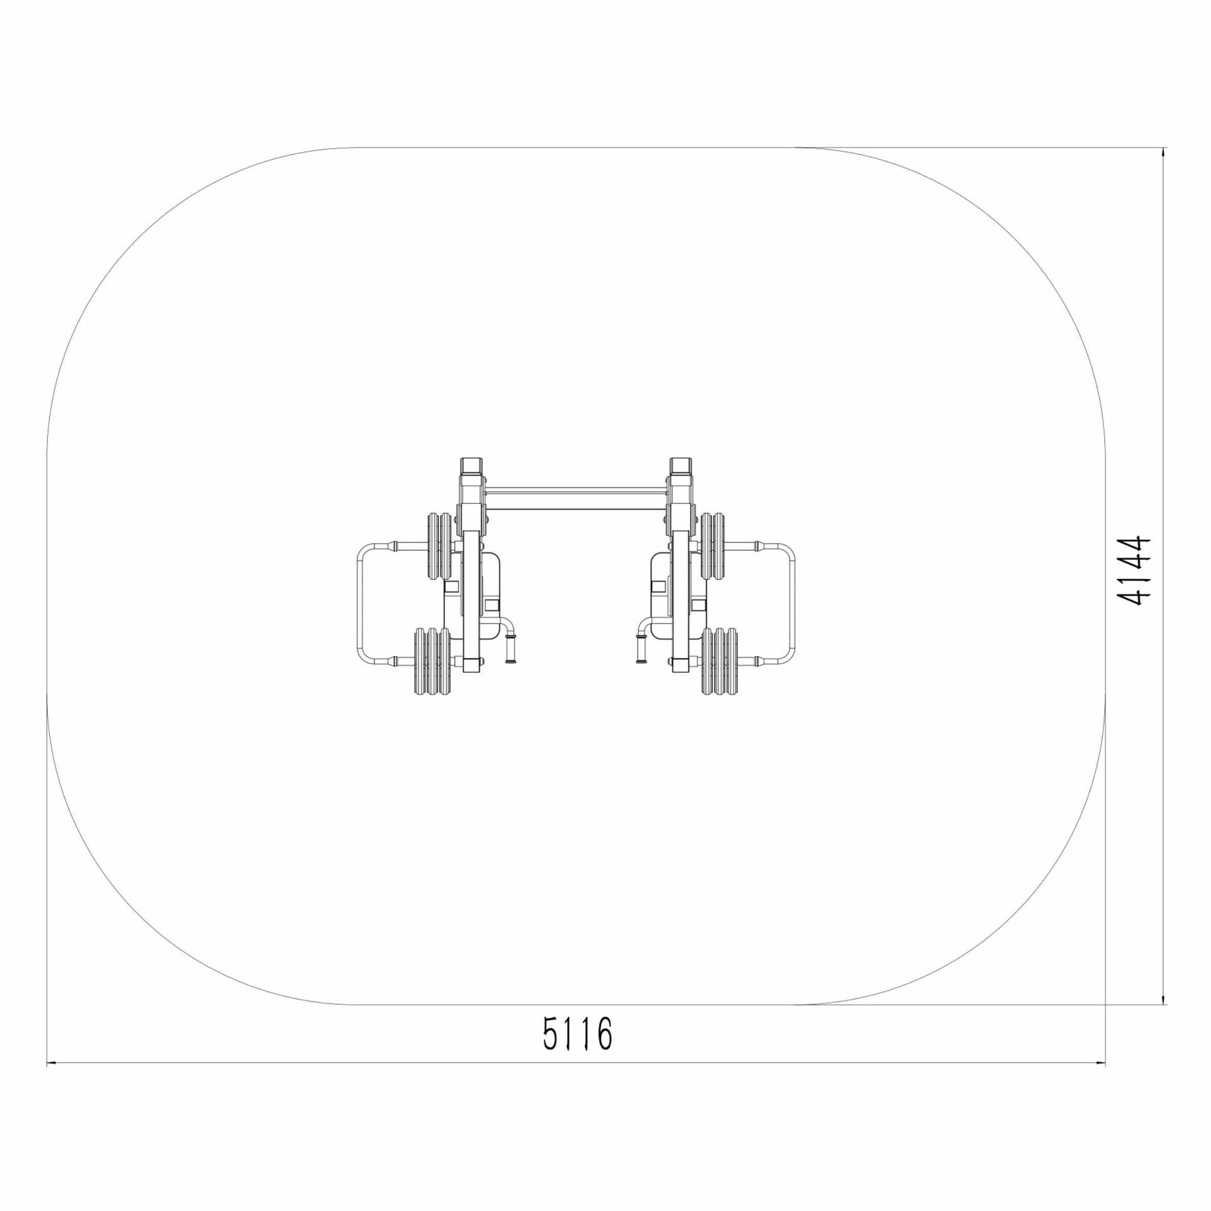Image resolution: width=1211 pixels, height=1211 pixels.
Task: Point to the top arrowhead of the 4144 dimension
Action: click(x=1164, y=152)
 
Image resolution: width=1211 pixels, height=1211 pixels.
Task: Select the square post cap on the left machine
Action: click(x=472, y=467)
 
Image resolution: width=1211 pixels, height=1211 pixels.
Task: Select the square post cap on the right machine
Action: click(x=681, y=467)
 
